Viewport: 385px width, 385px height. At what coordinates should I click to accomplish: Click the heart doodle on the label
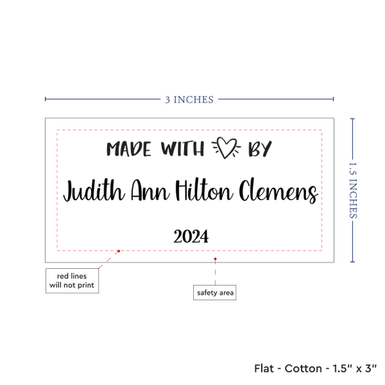coord(226,148)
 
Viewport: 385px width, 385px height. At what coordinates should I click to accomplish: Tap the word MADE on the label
coord(129,149)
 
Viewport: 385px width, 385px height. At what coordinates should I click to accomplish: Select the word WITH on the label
coord(183,148)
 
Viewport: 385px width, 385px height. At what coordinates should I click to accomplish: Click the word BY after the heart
coord(260,148)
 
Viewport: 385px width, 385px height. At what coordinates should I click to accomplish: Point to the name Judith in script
coord(94,191)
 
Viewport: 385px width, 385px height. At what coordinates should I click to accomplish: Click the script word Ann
coord(150,190)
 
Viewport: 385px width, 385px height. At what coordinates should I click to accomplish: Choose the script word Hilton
coord(204,190)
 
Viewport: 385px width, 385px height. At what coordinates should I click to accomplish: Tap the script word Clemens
coord(279,191)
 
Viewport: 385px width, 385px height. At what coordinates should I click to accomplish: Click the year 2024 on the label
coord(191,236)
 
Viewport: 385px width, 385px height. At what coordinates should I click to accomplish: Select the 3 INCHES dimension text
coord(189,99)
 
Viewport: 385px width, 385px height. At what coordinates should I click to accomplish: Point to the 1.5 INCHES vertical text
coord(353,190)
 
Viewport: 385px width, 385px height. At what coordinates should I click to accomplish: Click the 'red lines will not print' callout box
coord(72,281)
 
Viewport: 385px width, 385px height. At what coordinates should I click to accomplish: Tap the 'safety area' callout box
coord(215,293)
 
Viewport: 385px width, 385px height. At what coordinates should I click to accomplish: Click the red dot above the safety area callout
coord(215,259)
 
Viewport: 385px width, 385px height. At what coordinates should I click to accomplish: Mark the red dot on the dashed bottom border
coord(118,251)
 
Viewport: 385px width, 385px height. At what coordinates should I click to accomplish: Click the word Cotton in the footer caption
coord(303,368)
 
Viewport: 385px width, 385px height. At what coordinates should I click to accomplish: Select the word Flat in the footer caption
coord(264,368)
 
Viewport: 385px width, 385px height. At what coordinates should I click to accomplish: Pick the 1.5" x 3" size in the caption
coord(355,368)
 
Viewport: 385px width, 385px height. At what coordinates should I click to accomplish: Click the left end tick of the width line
coord(45,99)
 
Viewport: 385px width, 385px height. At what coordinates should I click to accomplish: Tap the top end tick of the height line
coord(352,119)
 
